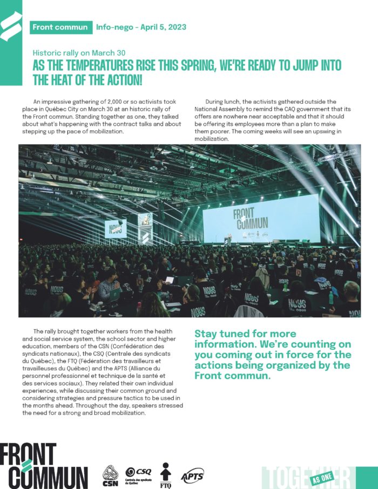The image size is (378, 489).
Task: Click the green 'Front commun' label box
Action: (60, 27)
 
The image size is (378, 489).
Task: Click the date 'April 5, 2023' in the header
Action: (164, 27)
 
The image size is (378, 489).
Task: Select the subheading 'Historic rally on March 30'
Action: (79, 53)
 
